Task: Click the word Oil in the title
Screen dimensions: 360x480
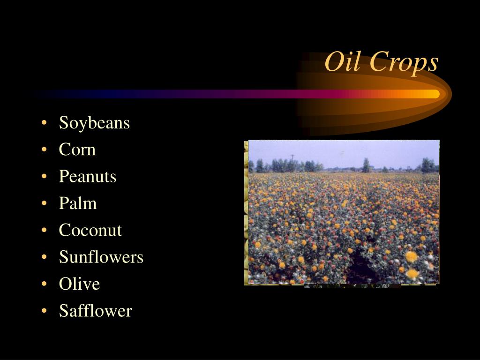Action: [344, 62]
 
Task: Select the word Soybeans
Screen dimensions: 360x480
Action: [94, 123]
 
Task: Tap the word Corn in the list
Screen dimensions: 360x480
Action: [77, 150]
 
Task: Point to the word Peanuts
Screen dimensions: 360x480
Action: [88, 176]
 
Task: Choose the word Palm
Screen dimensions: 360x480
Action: [78, 203]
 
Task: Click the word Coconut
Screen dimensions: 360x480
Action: [90, 230]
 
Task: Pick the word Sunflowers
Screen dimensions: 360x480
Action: [101, 257]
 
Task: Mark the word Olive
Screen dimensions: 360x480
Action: [80, 284]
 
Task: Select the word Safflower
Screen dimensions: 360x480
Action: [96, 311]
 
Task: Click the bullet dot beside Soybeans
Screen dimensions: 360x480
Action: [44, 123]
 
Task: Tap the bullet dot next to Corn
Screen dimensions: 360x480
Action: [44, 150]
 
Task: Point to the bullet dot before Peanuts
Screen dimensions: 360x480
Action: [44, 177]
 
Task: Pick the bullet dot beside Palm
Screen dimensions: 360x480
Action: [44, 203]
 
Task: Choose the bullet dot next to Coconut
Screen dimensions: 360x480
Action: [44, 231]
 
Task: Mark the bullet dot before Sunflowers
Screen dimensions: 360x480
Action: [44, 257]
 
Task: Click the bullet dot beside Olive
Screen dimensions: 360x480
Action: [44, 284]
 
